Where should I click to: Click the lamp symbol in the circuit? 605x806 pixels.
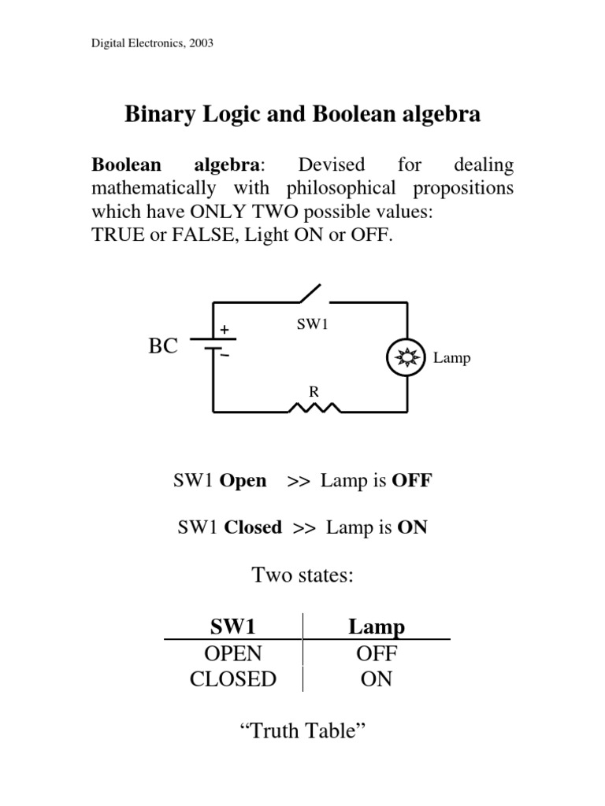407,358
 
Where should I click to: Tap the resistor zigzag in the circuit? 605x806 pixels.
314,408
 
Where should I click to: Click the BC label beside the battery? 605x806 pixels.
163,346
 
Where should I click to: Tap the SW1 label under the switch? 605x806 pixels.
312,325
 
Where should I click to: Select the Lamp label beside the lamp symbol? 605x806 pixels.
451,358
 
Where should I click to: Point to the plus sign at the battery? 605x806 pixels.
224,329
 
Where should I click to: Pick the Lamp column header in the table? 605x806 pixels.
377,627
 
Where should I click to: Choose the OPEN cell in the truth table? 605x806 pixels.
232,653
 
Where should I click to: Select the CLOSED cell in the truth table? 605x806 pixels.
233,678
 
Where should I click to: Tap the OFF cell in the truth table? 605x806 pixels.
377,653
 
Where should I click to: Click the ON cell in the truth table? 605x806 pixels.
377,678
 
